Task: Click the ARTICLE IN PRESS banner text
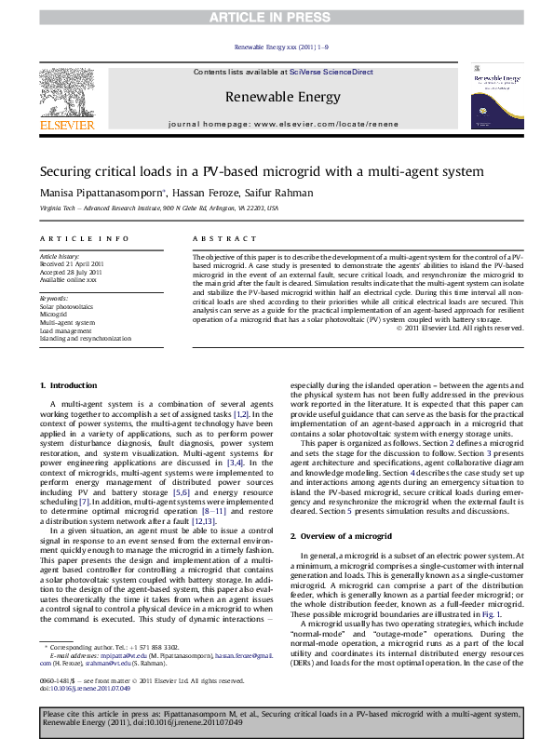point(277,17)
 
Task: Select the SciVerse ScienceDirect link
point(331,72)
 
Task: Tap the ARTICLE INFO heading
point(84,238)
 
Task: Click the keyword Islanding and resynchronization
point(86,339)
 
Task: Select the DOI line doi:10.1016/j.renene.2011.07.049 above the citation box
point(85,689)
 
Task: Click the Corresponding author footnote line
point(113,646)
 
